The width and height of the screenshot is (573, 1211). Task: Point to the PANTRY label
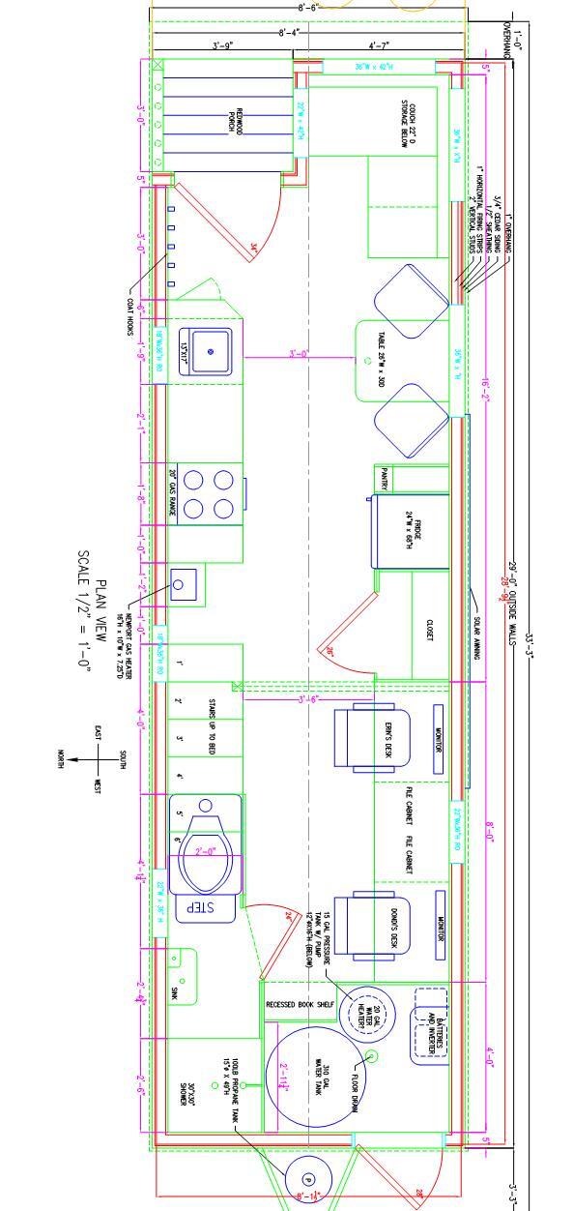coord(385,479)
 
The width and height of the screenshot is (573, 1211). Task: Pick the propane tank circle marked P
coord(307,1179)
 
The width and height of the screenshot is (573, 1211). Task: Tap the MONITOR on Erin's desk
coord(438,742)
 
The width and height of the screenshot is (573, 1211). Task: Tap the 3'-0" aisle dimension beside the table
coord(299,354)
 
